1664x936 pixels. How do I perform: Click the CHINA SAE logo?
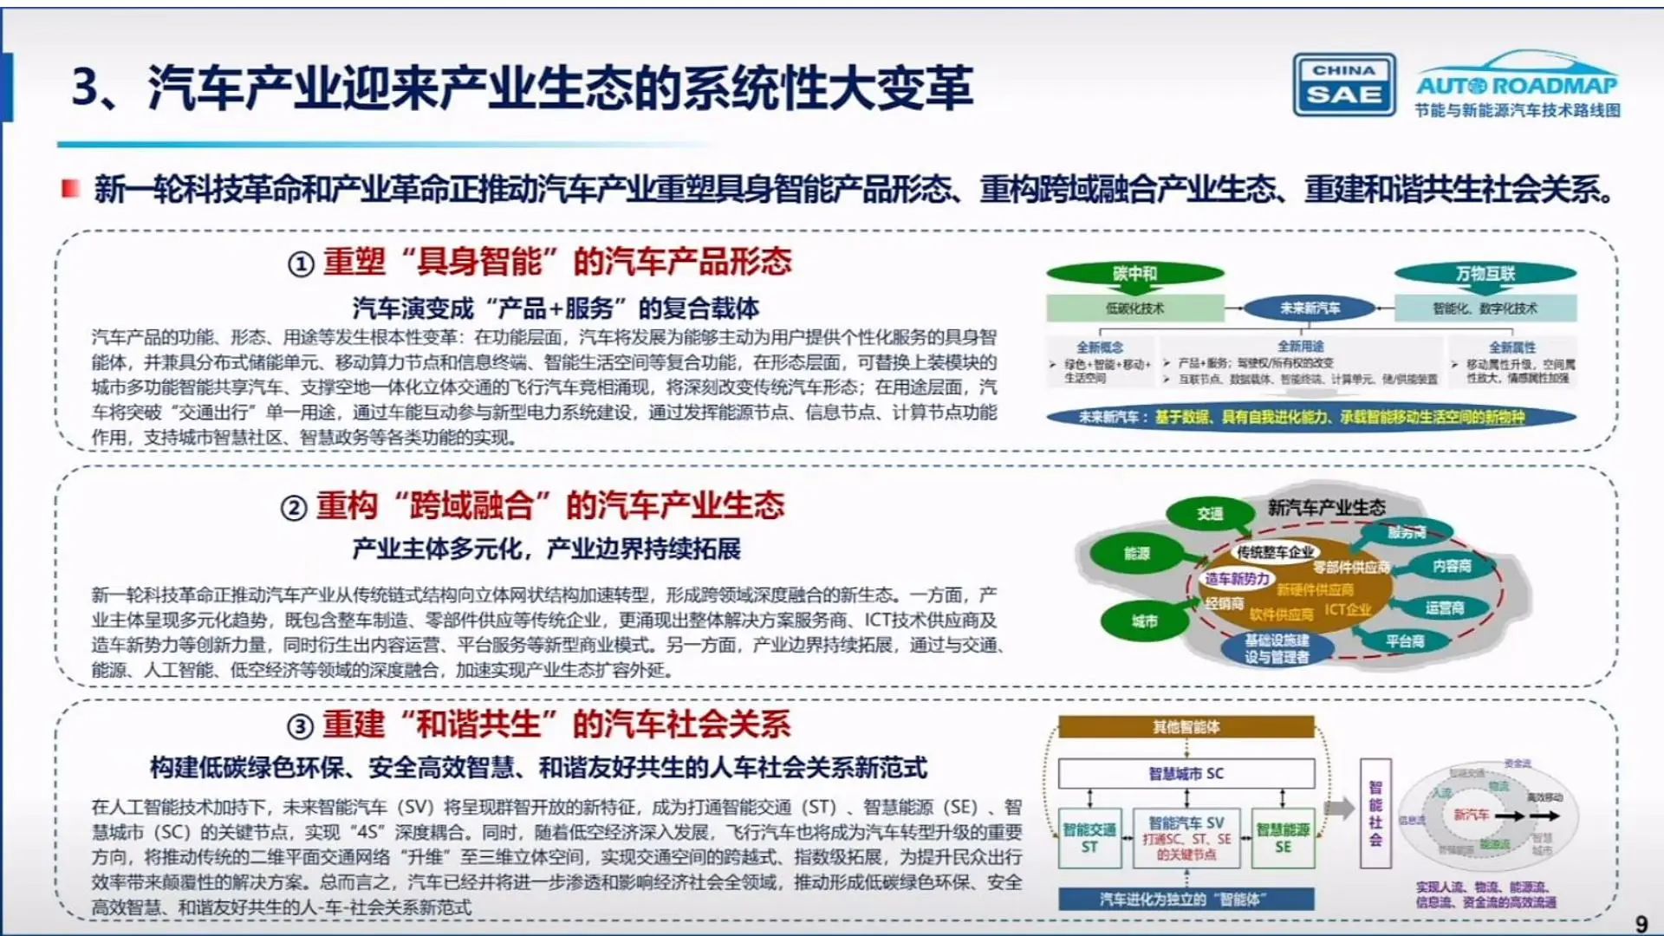(1344, 85)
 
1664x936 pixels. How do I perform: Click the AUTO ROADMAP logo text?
(1517, 85)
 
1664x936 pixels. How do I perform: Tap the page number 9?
(1641, 924)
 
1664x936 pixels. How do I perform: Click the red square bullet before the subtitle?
(70, 188)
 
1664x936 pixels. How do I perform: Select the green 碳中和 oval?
(1135, 274)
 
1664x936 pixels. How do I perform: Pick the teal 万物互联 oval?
(1485, 274)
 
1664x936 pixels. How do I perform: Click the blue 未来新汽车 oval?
(1310, 308)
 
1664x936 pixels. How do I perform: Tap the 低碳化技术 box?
(1134, 308)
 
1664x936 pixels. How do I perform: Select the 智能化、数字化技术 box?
(1485, 308)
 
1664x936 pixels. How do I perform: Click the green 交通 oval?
(1210, 513)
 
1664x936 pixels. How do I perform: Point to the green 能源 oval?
(1136, 553)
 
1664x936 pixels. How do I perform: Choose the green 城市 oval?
(1144, 621)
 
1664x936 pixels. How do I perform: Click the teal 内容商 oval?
(1452, 566)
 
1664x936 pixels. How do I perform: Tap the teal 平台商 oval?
(1405, 641)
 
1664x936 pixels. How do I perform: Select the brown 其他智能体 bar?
(1186, 726)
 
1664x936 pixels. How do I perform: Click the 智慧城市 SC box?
(1186, 773)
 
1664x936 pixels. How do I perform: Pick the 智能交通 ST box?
(1089, 838)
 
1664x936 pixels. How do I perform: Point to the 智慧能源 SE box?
(1283, 838)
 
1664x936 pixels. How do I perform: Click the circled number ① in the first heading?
(300, 263)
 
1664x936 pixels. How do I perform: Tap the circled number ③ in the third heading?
(300, 726)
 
